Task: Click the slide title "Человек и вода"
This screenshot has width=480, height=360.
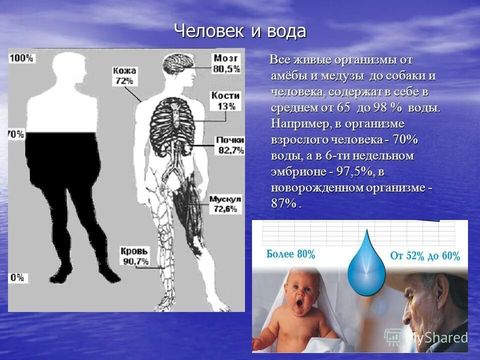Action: tap(240, 31)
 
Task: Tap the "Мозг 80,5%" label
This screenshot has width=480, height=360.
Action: tap(227, 63)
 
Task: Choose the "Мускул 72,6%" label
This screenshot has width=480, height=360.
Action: tap(224, 204)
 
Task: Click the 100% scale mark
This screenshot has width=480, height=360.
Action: tap(21, 58)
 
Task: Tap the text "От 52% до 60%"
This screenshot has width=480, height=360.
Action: tap(425, 256)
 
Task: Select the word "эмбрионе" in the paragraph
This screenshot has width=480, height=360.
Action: tap(296, 171)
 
